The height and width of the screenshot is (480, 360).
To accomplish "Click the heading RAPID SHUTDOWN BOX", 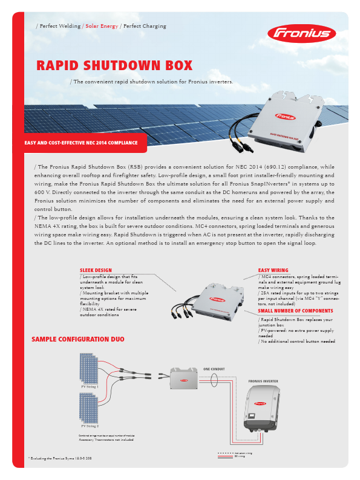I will (x=114, y=65).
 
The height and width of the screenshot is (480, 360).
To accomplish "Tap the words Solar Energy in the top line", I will (x=101, y=26).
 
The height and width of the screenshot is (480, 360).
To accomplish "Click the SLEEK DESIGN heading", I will (x=96, y=270).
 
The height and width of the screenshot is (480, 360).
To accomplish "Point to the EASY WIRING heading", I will (x=273, y=270).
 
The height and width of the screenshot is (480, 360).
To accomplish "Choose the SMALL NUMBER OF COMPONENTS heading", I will (x=295, y=311).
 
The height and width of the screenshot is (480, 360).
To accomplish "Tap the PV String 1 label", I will (x=90, y=385).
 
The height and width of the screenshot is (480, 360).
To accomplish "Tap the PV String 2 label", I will (x=90, y=426).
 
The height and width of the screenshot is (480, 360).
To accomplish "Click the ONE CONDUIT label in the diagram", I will (x=214, y=368).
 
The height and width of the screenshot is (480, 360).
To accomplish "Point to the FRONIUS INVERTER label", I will (x=263, y=381).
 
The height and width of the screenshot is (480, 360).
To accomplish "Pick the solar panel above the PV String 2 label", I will (x=90, y=409).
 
